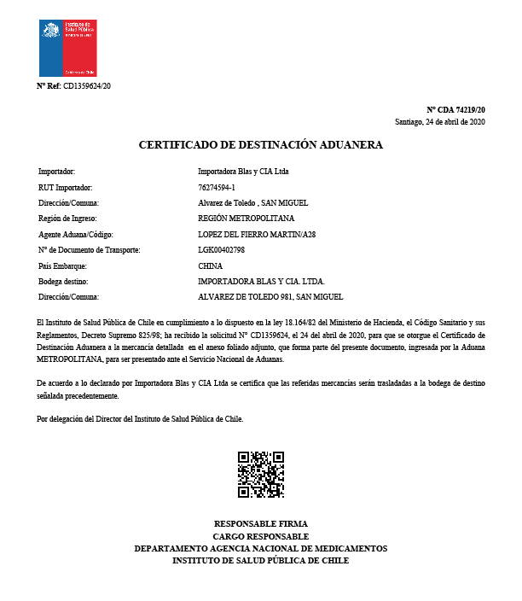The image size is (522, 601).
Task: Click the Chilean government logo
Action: point(67,48)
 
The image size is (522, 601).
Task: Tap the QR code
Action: point(260,474)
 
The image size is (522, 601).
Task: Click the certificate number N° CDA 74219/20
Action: point(455,110)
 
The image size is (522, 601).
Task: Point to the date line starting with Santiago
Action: point(440,122)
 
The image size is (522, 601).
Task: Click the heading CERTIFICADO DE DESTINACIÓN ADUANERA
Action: point(261,145)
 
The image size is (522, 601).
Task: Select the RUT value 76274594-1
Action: point(216,187)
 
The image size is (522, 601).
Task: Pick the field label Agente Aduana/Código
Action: point(76,234)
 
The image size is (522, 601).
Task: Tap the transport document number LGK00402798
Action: point(221,249)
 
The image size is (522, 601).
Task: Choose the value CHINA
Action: point(210,265)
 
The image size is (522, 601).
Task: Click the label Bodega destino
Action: point(63,281)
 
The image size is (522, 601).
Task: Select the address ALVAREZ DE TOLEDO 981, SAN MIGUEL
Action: point(270,296)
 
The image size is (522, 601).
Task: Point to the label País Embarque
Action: point(62,265)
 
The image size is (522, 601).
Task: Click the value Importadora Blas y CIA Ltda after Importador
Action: point(243,172)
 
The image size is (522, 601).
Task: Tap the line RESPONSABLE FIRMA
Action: point(260,523)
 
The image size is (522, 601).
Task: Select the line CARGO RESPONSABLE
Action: point(260,536)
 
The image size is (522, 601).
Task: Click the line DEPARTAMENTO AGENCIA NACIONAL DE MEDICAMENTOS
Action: point(260,548)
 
